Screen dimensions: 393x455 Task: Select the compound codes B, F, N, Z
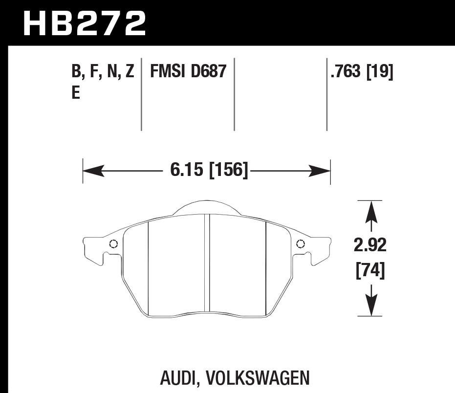point(103,72)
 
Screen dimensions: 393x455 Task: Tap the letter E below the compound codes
point(76,93)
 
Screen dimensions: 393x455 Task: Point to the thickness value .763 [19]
point(362,72)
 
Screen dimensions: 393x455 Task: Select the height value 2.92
point(369,245)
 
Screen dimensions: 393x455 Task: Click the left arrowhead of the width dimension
point(93,171)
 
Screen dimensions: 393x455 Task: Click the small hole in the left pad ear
point(113,244)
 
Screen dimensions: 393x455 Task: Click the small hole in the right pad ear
point(300,244)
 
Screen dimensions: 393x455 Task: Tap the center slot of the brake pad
point(207,264)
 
